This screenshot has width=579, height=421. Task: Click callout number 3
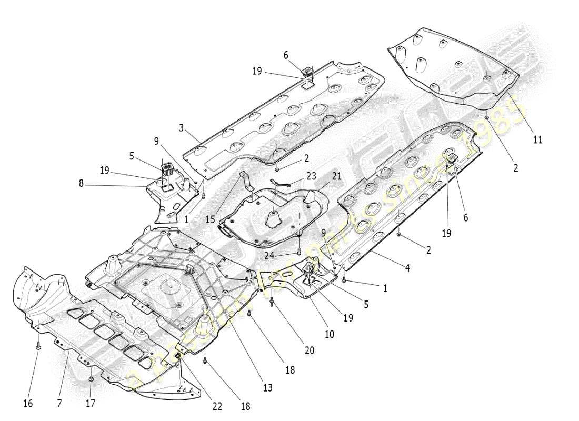tap(181, 127)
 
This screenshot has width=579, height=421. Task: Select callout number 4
tap(407, 268)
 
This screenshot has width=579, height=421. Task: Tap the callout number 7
tap(59, 404)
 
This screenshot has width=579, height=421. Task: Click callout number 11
tap(537, 140)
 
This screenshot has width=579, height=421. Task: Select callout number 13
tap(268, 388)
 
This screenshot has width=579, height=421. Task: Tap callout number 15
tap(211, 218)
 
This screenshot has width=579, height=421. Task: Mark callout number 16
tap(28, 404)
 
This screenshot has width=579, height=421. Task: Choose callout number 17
tap(90, 404)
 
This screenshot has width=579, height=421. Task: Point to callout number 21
tap(336, 176)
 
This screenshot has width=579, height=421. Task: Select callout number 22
tap(217, 406)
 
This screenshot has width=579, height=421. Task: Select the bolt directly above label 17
tap(91, 378)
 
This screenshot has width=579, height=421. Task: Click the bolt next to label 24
tap(299, 252)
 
